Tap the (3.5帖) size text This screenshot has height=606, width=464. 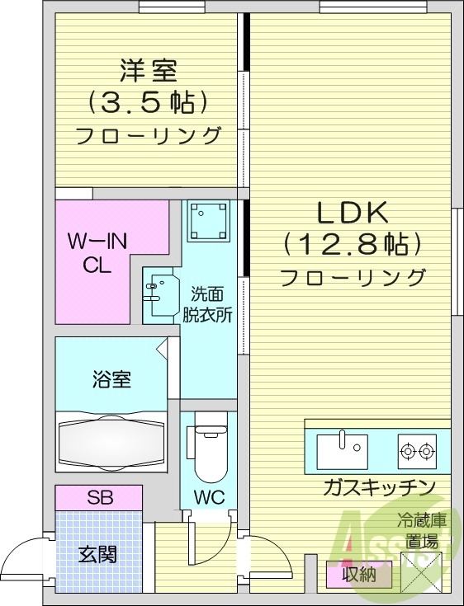[149, 102]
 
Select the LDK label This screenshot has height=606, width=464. [353, 213]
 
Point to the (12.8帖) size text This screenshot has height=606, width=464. [353, 244]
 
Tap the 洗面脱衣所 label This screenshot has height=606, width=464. [212, 303]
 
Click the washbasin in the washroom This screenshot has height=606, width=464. [159, 288]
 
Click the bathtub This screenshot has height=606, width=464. [111, 442]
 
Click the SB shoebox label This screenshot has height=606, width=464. [100, 497]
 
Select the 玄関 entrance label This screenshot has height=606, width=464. [97, 554]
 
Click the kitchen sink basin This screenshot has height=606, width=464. [342, 451]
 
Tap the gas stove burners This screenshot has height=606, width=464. [416, 450]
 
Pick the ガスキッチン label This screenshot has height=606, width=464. [379, 487]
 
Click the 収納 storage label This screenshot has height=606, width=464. [358, 574]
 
